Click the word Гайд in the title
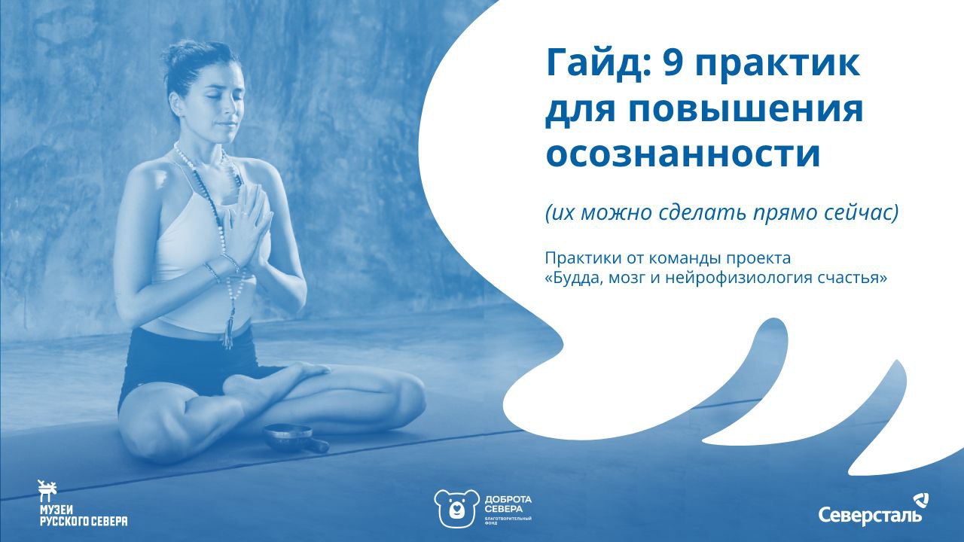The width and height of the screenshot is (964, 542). point(598,65)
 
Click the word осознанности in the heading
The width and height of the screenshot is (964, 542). point(682,154)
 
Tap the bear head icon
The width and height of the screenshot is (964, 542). point(456,507)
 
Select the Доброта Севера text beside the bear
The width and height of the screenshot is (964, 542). point(508,504)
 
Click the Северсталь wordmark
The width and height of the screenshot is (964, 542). point(870,514)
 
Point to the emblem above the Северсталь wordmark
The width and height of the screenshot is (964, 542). point(920,502)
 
